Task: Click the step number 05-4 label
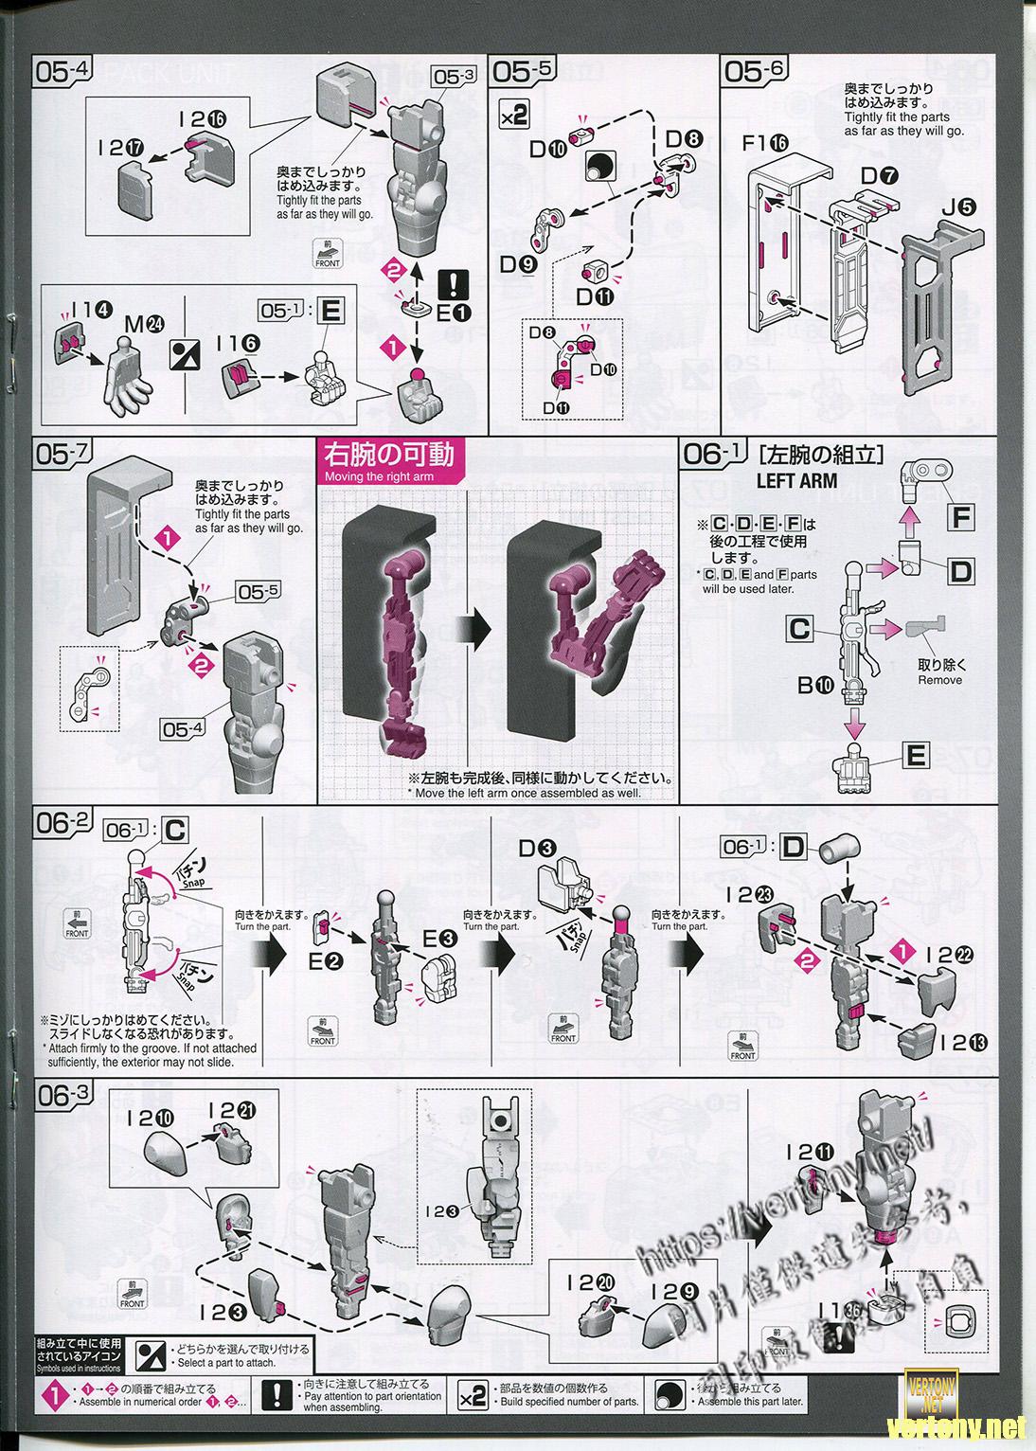point(63,73)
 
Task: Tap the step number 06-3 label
point(63,1096)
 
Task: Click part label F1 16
point(765,143)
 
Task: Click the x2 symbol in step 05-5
point(513,116)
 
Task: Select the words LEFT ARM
point(796,480)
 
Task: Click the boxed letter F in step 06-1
point(960,518)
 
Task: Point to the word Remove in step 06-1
point(939,680)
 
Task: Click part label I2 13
point(964,1043)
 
